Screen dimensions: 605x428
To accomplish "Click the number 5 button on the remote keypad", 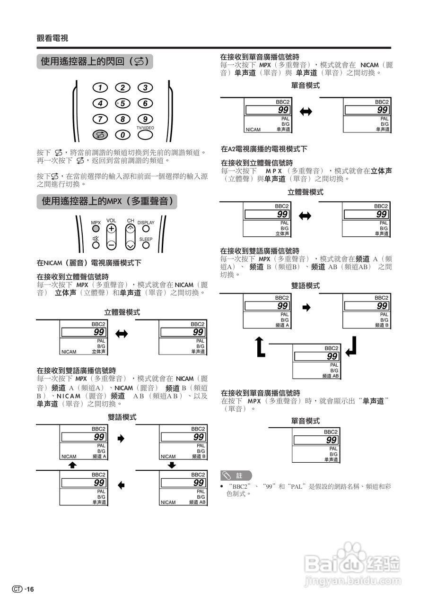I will point(122,104).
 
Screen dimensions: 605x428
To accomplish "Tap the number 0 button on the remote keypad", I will point(122,135).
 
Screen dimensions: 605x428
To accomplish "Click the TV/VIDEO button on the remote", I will point(145,135).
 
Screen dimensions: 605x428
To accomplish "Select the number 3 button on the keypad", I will point(145,87).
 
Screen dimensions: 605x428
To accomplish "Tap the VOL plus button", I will point(111,229).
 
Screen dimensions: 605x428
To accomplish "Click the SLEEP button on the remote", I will point(146,245).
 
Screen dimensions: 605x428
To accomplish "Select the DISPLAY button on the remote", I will point(146,229).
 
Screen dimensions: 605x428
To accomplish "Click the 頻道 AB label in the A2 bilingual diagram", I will point(330,376).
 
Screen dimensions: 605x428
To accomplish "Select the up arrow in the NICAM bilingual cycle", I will point(72,465).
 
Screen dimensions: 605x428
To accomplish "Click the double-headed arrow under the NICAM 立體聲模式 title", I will point(122,334).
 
